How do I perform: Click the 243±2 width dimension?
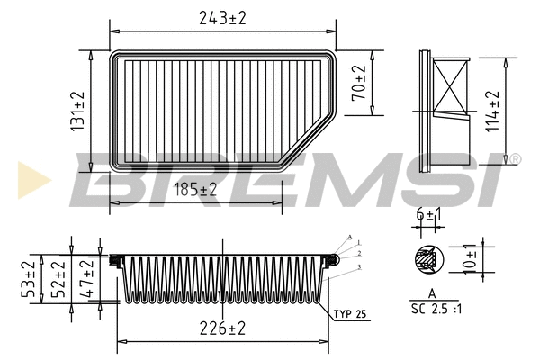point(223,16)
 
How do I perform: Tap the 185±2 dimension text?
point(196,190)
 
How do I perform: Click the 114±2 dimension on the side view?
point(492,109)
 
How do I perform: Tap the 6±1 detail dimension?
point(430,214)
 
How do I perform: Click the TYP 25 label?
point(348,314)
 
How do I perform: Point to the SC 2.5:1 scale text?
point(434,309)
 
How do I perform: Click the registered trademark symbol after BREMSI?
point(516,159)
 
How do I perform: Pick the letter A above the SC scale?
point(433,294)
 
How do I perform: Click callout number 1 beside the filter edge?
point(359,243)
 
